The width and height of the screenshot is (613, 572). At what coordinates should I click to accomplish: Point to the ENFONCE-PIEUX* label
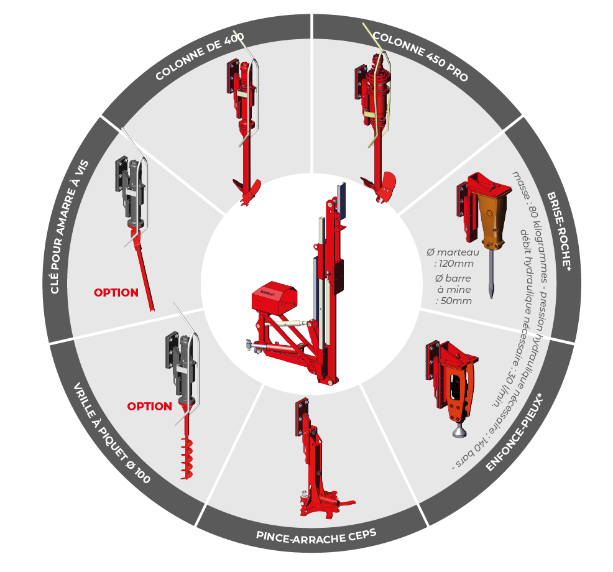515,433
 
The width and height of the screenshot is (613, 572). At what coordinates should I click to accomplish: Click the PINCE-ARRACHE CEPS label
316,536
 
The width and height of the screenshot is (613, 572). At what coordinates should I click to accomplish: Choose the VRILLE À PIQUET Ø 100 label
112,433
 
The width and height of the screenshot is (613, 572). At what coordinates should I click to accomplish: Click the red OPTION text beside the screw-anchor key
116,292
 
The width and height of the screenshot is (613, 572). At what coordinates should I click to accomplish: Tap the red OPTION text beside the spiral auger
150,406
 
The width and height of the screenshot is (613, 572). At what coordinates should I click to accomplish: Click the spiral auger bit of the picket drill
187,458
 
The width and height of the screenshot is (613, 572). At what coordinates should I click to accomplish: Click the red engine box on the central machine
274,298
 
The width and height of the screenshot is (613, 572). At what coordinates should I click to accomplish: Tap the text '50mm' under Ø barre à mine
456,301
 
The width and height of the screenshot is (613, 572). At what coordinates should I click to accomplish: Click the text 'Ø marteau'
453,252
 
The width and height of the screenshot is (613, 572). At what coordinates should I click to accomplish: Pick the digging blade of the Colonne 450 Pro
379,187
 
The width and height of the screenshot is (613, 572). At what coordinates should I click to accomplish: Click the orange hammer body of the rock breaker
493,219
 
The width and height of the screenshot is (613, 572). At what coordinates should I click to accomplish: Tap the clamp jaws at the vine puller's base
327,505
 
